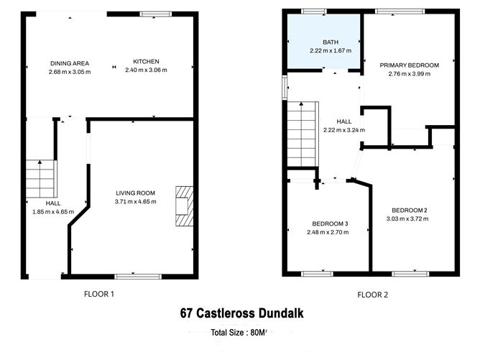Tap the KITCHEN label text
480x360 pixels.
(x=146, y=62)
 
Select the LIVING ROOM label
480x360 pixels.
(x=135, y=193)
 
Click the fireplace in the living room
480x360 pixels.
(x=184, y=206)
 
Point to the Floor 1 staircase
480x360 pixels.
(x=41, y=178)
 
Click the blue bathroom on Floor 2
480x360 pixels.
(x=323, y=41)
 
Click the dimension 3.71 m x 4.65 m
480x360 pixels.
(x=136, y=202)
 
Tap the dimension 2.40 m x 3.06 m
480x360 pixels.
(x=146, y=70)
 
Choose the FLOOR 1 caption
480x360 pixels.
(x=98, y=293)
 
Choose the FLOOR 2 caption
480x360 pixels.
(x=374, y=294)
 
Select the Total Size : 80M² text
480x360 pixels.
(x=239, y=333)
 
